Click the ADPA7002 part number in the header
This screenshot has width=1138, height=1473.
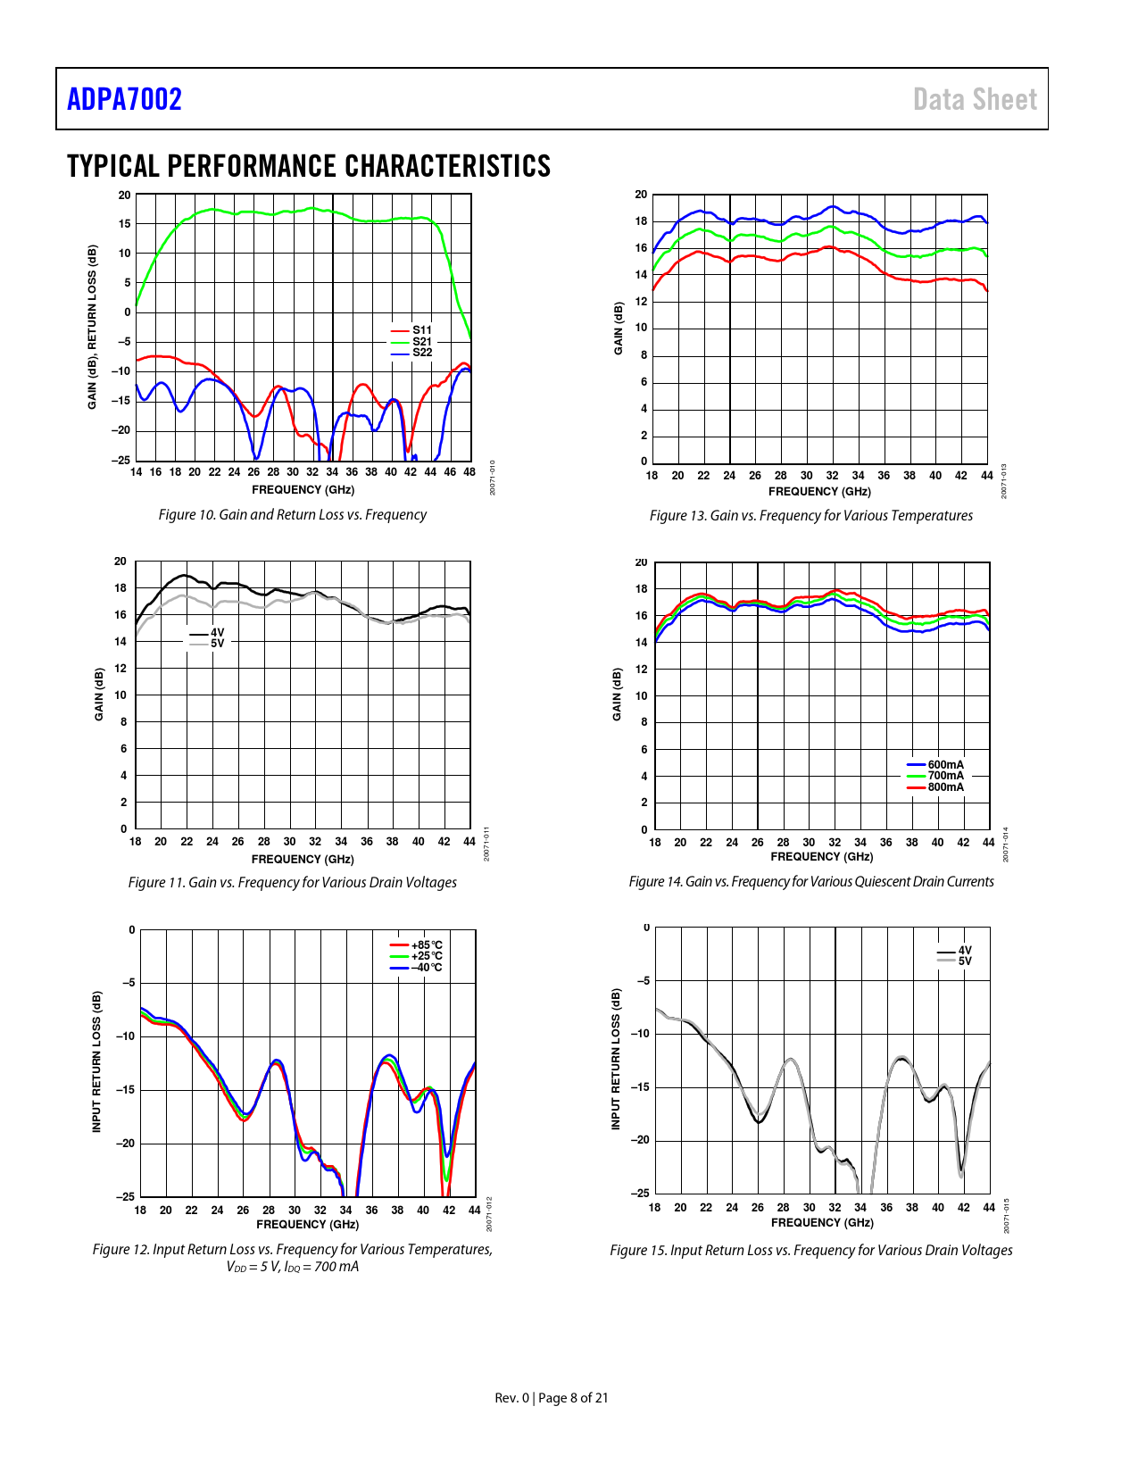(124, 99)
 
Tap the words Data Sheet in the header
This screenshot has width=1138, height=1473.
(975, 99)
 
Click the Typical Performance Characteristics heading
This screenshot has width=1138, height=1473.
(309, 166)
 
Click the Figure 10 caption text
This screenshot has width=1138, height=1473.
(292, 515)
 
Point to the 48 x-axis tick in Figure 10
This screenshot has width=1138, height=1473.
(469, 472)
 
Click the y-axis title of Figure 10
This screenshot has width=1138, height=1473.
(92, 328)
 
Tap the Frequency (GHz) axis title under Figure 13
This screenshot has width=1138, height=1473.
(819, 492)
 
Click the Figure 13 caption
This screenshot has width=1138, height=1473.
(810, 516)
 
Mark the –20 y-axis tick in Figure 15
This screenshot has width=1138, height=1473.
(640, 1140)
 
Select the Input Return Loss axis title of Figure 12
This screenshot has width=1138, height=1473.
(97, 1061)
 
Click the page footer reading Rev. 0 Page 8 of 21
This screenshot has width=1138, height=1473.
(552, 1398)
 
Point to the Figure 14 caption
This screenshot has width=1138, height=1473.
(810, 882)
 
